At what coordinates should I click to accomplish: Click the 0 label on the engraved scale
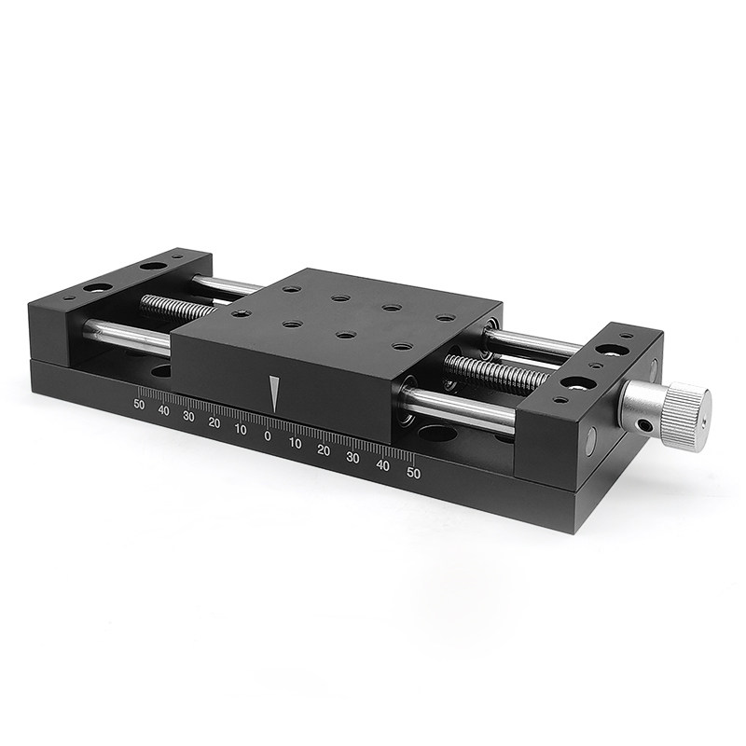[x=268, y=435]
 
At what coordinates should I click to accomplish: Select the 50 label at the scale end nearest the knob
[x=413, y=474]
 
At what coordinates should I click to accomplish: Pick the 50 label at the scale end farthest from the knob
[x=139, y=405]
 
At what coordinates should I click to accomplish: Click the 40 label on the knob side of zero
[x=382, y=465]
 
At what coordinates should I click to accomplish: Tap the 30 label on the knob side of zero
[x=352, y=458]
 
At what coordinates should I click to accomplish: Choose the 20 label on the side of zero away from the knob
[x=214, y=423]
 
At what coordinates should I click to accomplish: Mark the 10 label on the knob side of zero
[x=295, y=444]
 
